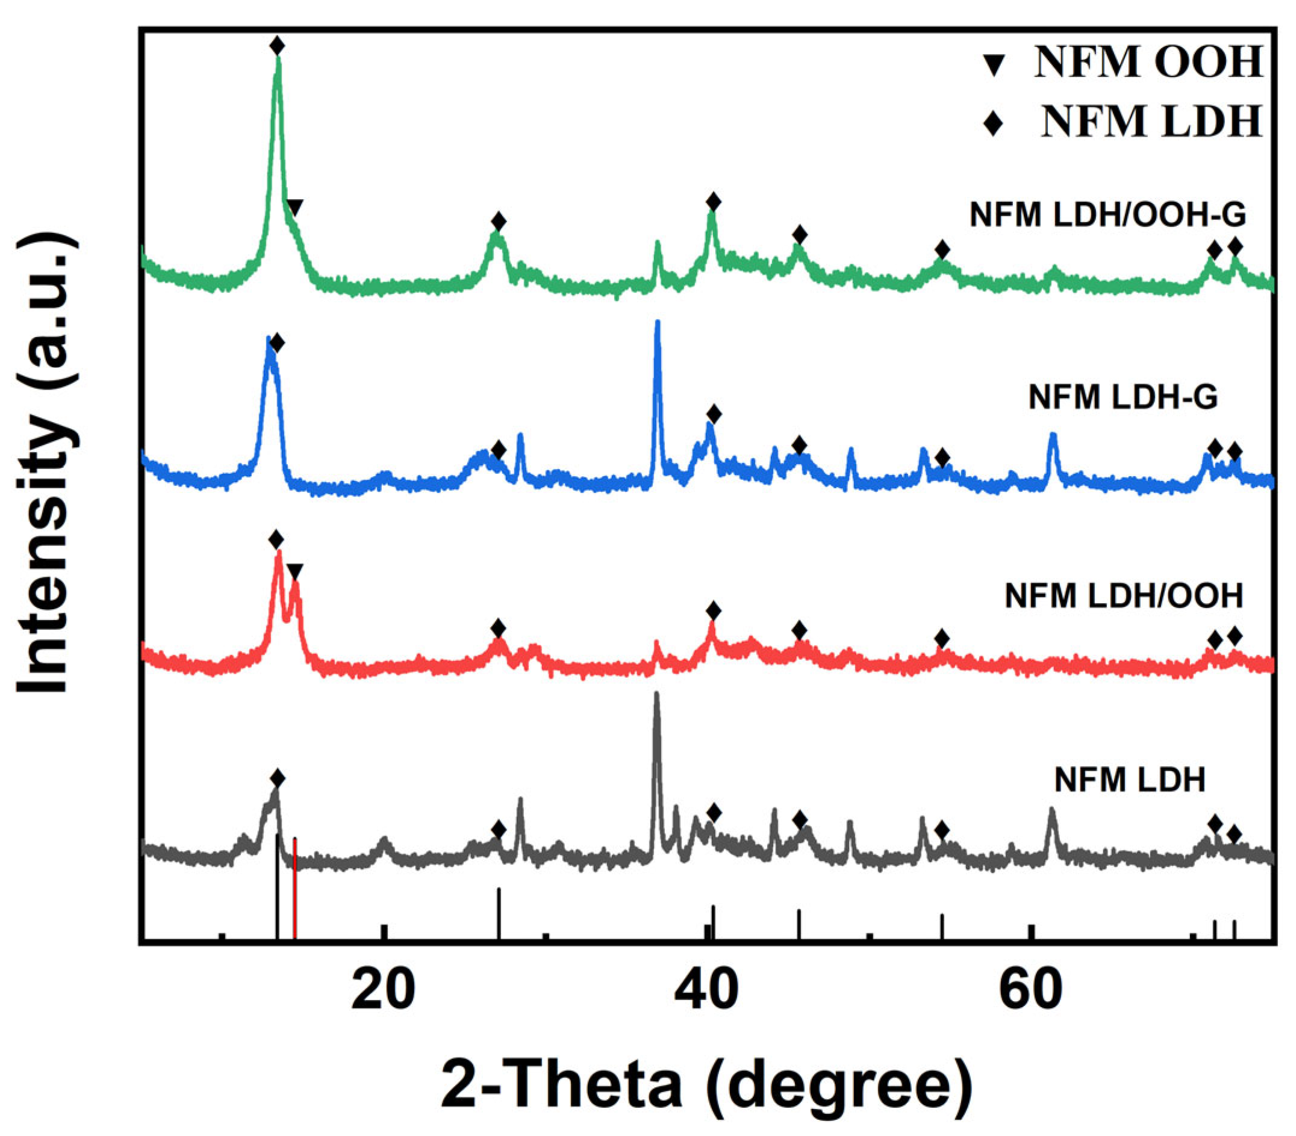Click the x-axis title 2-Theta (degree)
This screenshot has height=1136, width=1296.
[x=706, y=1085]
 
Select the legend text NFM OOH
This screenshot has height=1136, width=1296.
[x=1148, y=62]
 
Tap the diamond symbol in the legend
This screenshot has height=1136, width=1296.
[x=993, y=122]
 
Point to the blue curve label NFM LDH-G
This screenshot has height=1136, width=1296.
[x=1123, y=397]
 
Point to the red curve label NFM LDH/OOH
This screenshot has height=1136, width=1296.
[x=1124, y=595]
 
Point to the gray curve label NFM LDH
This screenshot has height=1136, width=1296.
[x=1129, y=780]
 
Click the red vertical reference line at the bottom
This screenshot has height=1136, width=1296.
[x=295, y=887]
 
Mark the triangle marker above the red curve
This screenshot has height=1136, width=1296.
[x=295, y=572]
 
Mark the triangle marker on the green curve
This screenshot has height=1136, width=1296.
[x=294, y=206]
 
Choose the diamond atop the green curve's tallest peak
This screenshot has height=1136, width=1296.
[x=277, y=46]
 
